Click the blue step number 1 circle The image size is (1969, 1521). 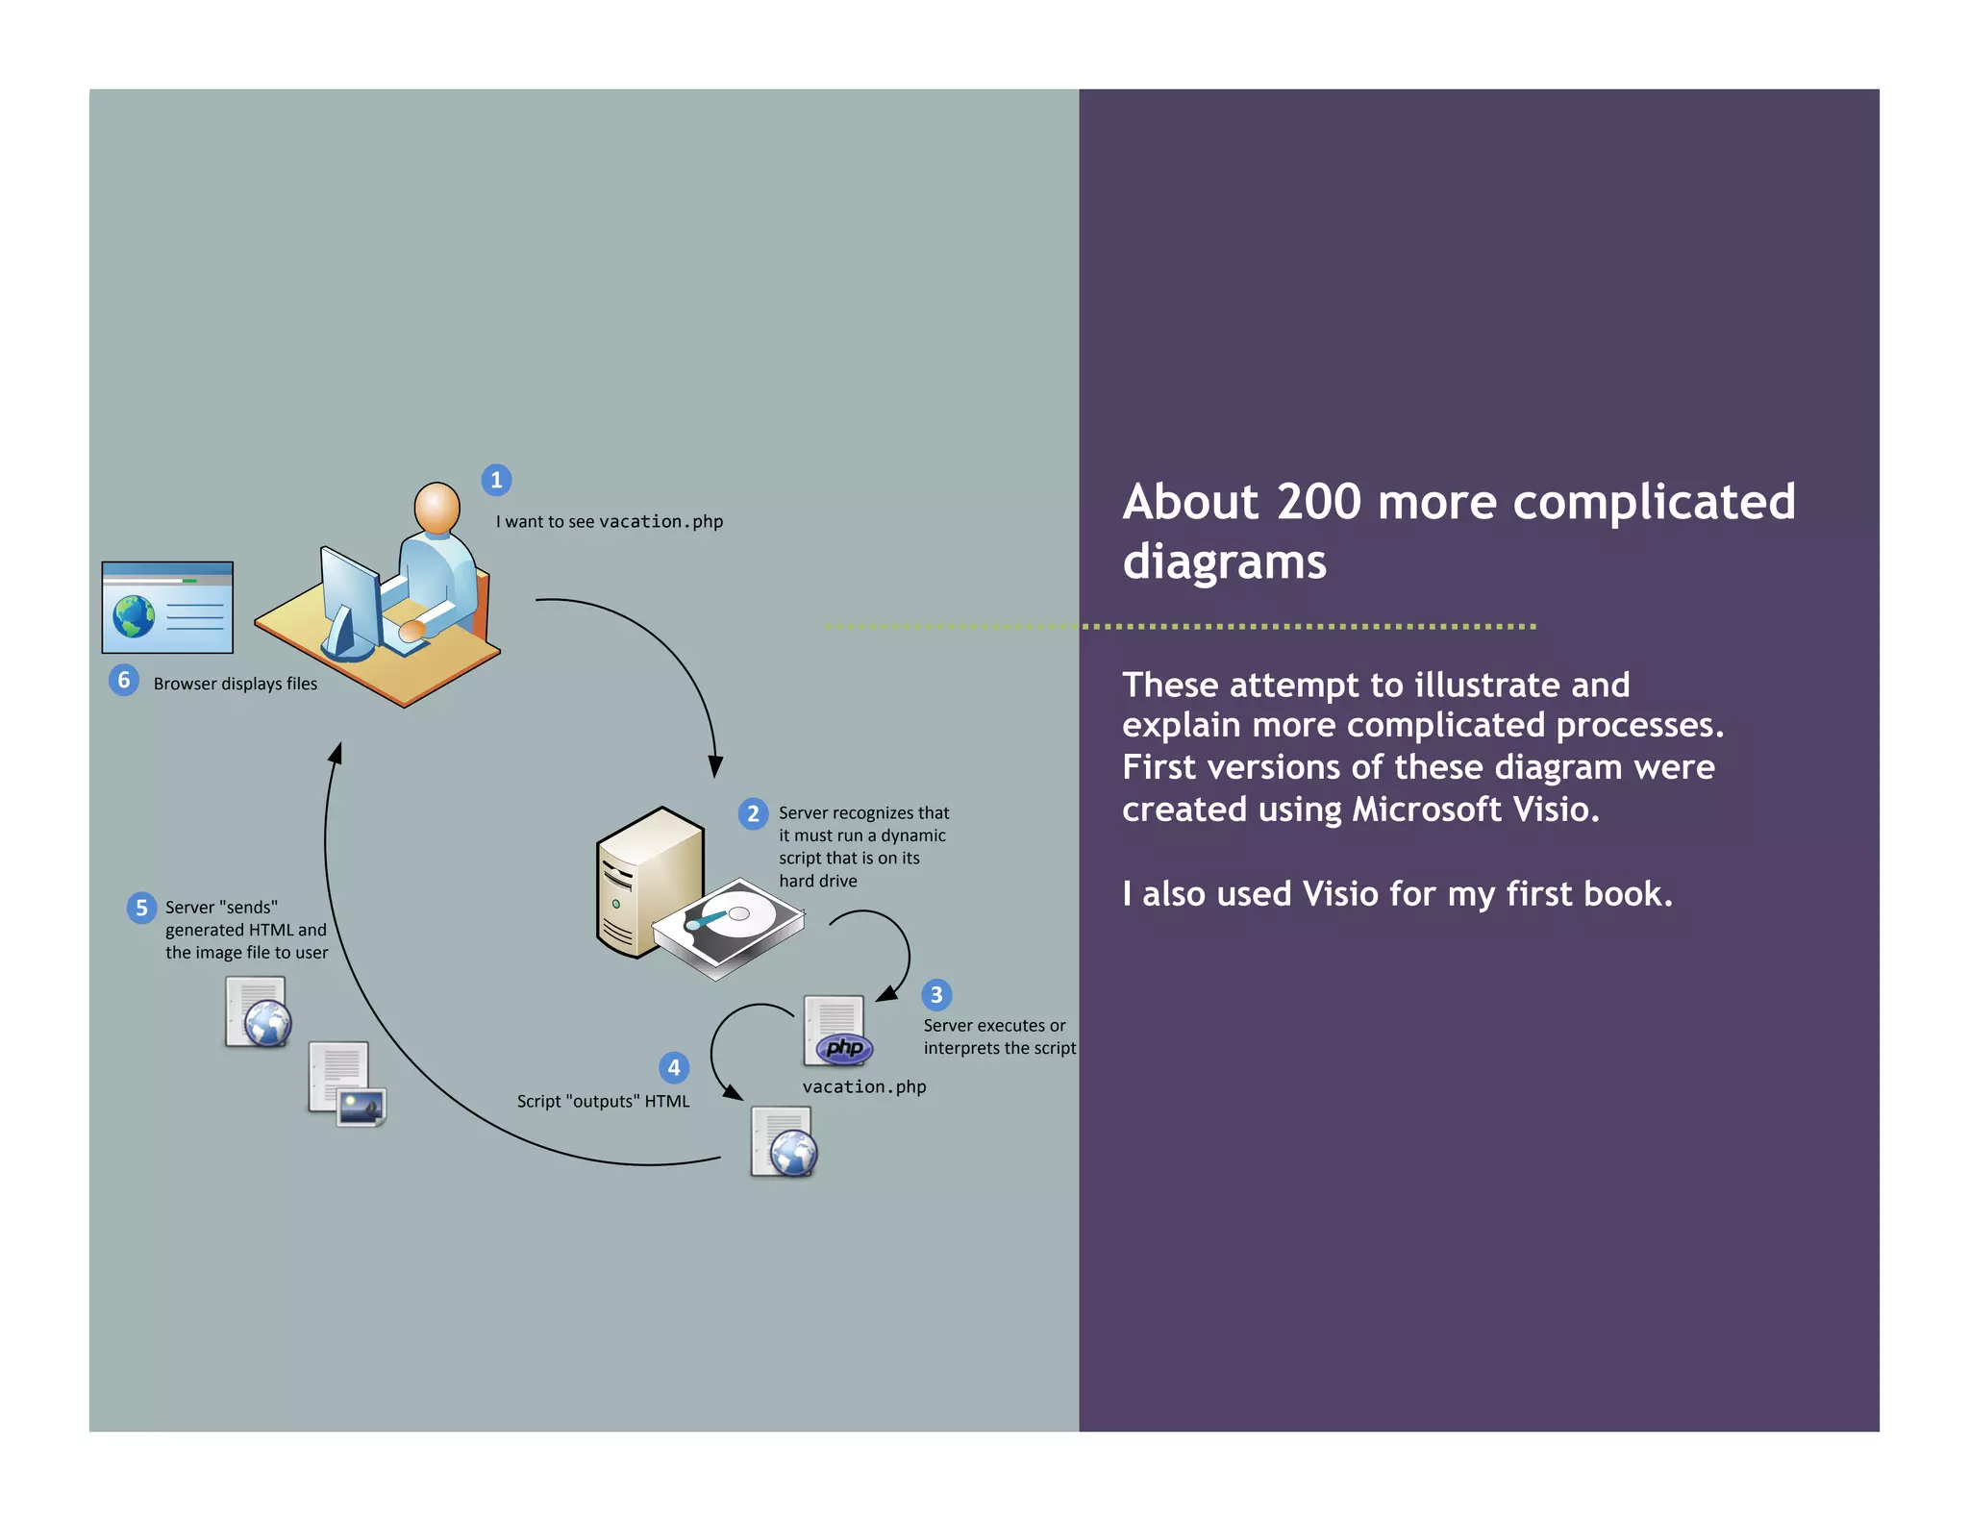[x=496, y=480]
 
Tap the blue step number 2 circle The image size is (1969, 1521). [x=753, y=814]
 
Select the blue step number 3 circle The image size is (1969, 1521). [x=936, y=995]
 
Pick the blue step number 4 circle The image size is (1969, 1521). [x=674, y=1067]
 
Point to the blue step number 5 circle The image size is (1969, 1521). [x=141, y=908]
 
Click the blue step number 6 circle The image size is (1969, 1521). [x=123, y=681]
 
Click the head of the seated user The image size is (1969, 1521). [x=436, y=506]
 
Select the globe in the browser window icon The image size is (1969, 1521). [x=134, y=616]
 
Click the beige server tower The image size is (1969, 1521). [x=645, y=880]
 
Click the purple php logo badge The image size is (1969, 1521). [x=844, y=1048]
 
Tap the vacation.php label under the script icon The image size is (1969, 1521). [x=864, y=1087]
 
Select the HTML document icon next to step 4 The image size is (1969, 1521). [x=784, y=1142]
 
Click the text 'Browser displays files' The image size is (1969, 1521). [x=236, y=684]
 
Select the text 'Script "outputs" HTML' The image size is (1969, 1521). [x=603, y=1102]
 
